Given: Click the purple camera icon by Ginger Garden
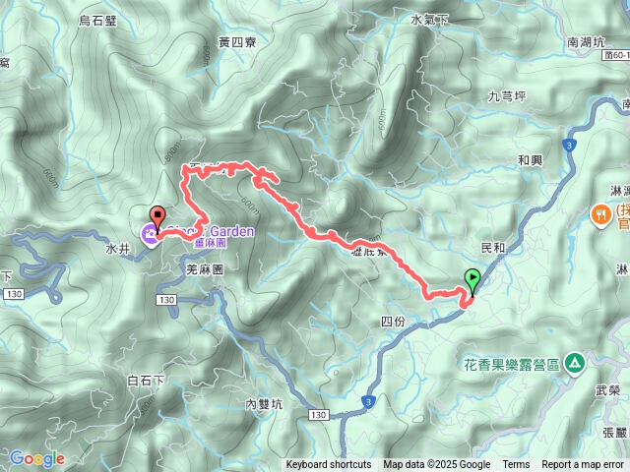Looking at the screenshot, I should (x=150, y=233).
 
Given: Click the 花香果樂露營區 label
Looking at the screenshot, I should (x=511, y=365).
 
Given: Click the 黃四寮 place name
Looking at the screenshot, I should (x=237, y=42).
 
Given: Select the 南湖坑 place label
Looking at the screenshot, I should (x=588, y=43).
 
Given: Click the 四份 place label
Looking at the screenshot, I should (x=391, y=322).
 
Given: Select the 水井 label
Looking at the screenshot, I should (x=117, y=249).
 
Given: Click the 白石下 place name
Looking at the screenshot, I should (x=145, y=380).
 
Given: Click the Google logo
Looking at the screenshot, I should (x=36, y=458).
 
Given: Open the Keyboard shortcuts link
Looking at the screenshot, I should (x=329, y=465).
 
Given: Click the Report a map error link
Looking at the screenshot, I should (x=583, y=465).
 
